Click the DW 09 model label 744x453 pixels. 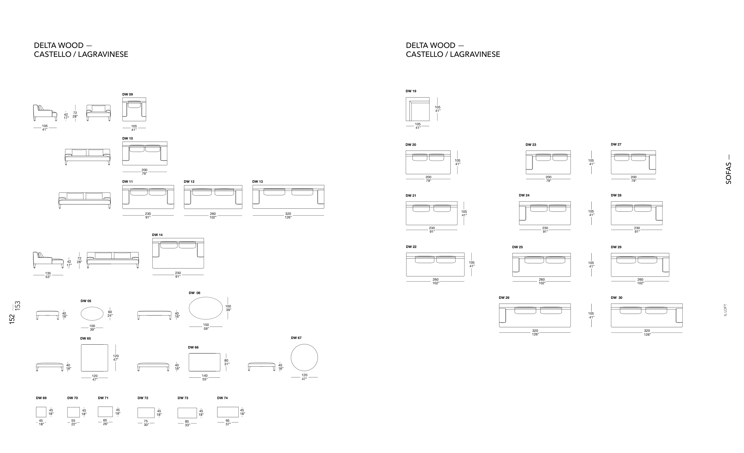coord(127,95)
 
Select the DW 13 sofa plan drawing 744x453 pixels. coord(288,197)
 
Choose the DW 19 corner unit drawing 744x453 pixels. coord(418,109)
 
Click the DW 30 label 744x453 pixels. coord(617,298)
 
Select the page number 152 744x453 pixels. coord(12,319)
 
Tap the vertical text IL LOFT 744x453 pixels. coord(725,310)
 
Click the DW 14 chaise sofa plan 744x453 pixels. coord(178,253)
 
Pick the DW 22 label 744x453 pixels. coord(411,247)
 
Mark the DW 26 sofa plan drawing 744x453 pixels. coord(535,315)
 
